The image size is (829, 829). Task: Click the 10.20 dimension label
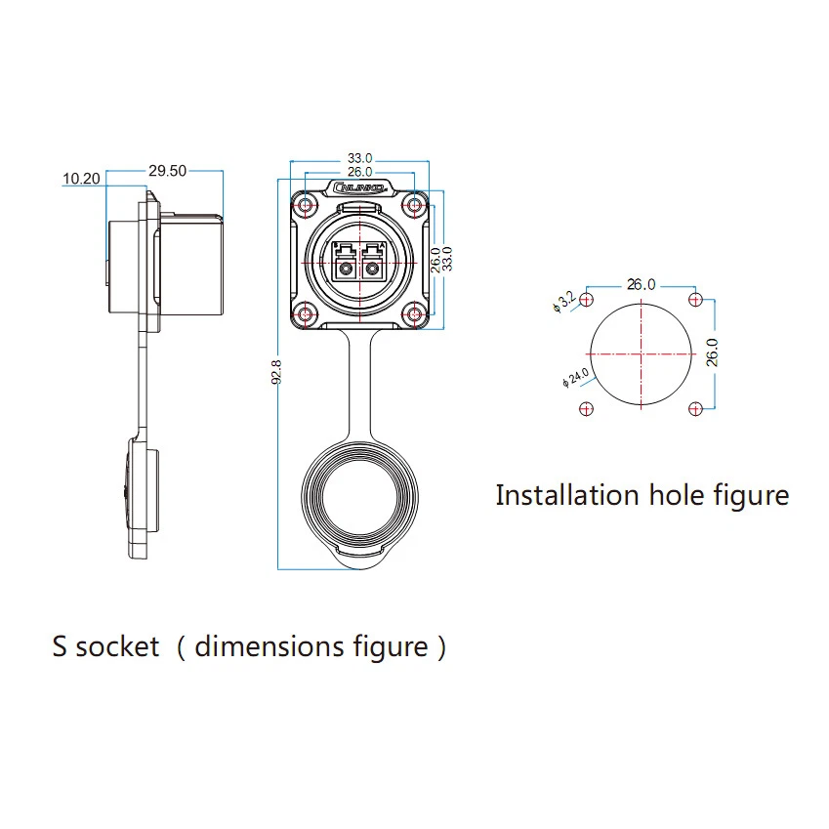coord(81,179)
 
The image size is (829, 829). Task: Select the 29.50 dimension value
coord(167,170)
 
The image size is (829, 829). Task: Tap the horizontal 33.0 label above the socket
coord(360,158)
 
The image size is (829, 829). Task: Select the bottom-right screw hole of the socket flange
coord(414,313)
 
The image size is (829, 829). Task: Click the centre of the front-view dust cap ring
coord(360,505)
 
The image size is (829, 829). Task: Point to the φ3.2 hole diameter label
coord(564,301)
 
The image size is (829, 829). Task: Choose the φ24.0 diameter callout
coord(574,377)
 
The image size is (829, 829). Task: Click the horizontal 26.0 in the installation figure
coord(641,285)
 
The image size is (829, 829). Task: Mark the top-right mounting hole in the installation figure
coord(694,299)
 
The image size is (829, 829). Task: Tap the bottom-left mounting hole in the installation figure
coord(586,408)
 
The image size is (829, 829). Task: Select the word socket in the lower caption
coord(117,646)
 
